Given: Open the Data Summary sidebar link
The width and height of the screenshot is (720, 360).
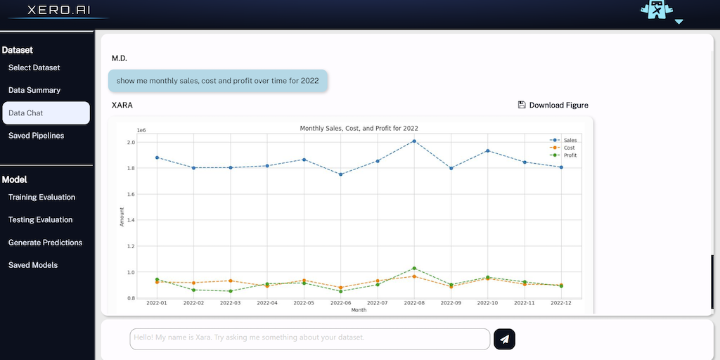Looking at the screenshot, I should click(x=34, y=90).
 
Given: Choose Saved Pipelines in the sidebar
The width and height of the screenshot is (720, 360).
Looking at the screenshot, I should click(x=36, y=135).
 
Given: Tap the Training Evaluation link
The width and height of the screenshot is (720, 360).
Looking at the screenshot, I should click(x=41, y=197).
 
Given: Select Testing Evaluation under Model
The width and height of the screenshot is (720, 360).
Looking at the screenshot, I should click(x=40, y=219).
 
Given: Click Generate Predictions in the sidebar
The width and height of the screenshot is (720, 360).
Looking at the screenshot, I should click(x=45, y=243).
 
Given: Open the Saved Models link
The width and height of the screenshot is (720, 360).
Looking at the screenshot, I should click(x=33, y=265).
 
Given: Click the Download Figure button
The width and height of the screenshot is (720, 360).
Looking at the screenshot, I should click(x=553, y=105).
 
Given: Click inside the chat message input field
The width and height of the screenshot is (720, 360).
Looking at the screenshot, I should click(x=309, y=338).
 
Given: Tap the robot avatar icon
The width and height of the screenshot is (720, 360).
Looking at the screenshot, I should click(x=657, y=10).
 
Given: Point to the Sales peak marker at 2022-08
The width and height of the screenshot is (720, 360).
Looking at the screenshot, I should click(x=414, y=141).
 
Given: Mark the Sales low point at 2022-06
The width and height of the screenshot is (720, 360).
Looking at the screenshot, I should click(x=340, y=174).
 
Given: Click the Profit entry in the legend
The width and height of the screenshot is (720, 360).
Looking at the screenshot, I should click(x=570, y=155).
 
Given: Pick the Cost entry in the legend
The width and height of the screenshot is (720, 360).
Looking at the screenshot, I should click(x=569, y=148).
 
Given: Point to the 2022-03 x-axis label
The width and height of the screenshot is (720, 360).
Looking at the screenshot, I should click(x=230, y=303).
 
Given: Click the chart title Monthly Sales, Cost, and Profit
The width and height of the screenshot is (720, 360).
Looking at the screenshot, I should click(x=359, y=129).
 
